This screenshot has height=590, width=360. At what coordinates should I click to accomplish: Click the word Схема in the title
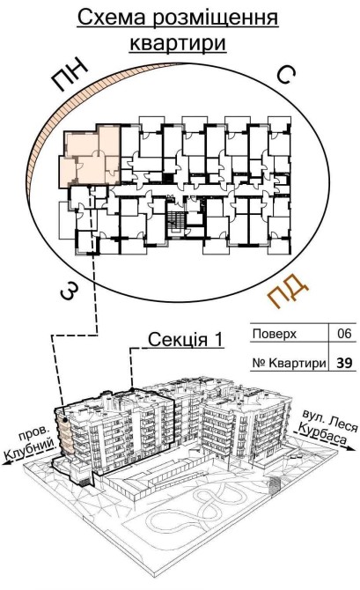coord(111,18)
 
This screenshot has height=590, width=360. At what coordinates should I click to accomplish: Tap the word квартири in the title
coord(178,43)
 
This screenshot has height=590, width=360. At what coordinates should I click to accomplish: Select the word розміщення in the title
coord(216,19)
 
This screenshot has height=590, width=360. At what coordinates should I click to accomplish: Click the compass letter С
coord(286,75)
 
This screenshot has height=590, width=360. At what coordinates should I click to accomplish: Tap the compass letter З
coord(70,291)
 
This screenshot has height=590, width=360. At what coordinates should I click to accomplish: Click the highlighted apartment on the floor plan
coord(91,156)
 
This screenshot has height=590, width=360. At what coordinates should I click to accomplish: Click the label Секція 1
coord(186,339)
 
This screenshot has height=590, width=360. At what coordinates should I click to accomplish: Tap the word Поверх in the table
coord(275,334)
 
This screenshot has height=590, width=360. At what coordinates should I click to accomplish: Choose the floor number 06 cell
coord(344,333)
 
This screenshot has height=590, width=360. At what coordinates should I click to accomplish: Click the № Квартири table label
coord(289,363)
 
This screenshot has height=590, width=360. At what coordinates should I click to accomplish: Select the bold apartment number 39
coord(344,363)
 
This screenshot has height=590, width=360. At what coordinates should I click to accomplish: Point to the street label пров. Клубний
coord(31,444)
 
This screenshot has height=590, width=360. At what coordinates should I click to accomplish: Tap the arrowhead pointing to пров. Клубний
coord(6,462)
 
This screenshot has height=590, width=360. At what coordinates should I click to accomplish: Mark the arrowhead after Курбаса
coord(351,447)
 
